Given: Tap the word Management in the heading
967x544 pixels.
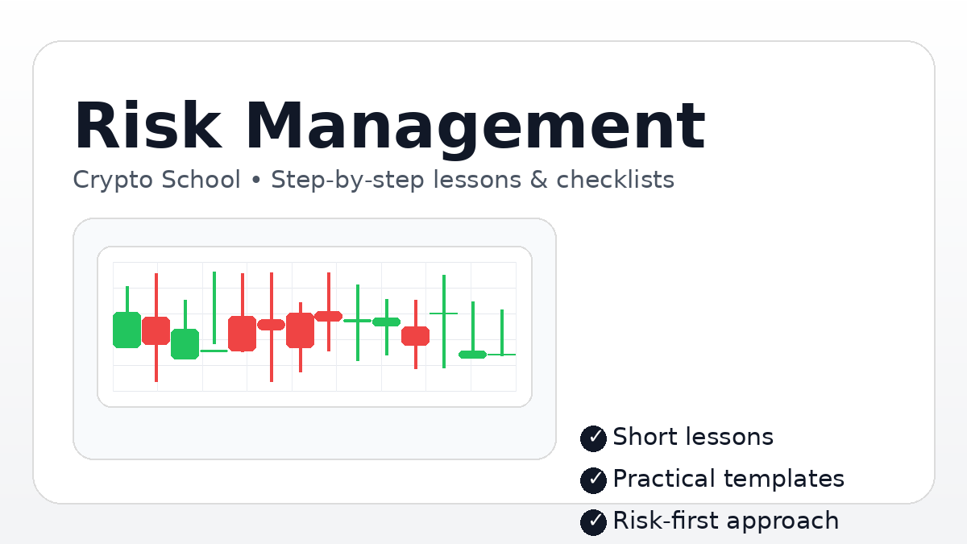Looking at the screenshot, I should tap(475, 127).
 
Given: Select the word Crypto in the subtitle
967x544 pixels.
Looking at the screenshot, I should tap(114, 180).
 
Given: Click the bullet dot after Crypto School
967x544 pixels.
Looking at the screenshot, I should tap(255, 181).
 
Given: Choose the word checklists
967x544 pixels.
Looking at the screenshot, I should tap(615, 180).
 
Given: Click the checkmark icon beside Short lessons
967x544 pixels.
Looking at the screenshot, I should tap(593, 438).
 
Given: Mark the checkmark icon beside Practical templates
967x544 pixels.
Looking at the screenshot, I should tap(593, 480).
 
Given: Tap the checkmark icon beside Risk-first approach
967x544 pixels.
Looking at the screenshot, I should tap(593, 521).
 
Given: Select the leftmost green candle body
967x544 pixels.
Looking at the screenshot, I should tap(127, 330).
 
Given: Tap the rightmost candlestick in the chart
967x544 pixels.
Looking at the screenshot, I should tap(501, 353).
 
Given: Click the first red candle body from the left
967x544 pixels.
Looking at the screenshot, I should tap(156, 330).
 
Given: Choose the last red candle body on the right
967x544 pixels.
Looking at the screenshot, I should tap(415, 336).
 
